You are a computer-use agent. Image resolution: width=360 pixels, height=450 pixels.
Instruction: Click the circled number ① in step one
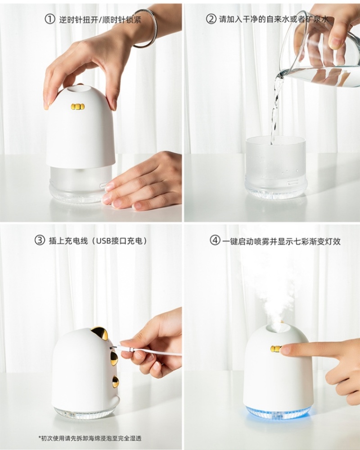coord(49,19)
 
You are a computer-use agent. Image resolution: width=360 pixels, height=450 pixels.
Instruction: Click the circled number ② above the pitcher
coord(211,19)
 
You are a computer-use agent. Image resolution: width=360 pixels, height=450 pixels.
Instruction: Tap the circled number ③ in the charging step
coord(40,240)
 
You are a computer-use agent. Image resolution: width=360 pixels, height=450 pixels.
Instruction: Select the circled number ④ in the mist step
coord(215,241)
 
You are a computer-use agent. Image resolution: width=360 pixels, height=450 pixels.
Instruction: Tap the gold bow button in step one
coord(78,107)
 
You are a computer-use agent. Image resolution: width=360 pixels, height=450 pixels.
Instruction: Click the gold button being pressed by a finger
coord(276,349)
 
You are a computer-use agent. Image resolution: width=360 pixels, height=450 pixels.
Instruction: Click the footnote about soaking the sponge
coord(90,438)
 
